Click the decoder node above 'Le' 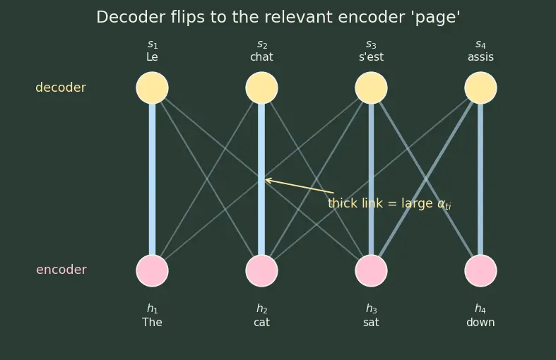pos(152,88)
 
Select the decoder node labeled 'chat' pos(261,88)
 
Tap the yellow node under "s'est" pos(372,88)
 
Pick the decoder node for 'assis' pos(481,88)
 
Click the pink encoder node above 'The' pos(152,271)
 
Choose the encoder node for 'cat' pos(261,271)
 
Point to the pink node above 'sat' pos(372,271)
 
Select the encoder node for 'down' pos(481,271)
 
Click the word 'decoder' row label pos(61,88)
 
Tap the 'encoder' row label pos(61,270)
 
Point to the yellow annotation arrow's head pos(266,179)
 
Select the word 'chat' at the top pos(261,56)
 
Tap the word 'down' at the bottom pos(480,323)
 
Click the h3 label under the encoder pos(372,309)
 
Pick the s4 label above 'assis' pos(480,44)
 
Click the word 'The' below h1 pos(152,323)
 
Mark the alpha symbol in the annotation pos(442,203)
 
